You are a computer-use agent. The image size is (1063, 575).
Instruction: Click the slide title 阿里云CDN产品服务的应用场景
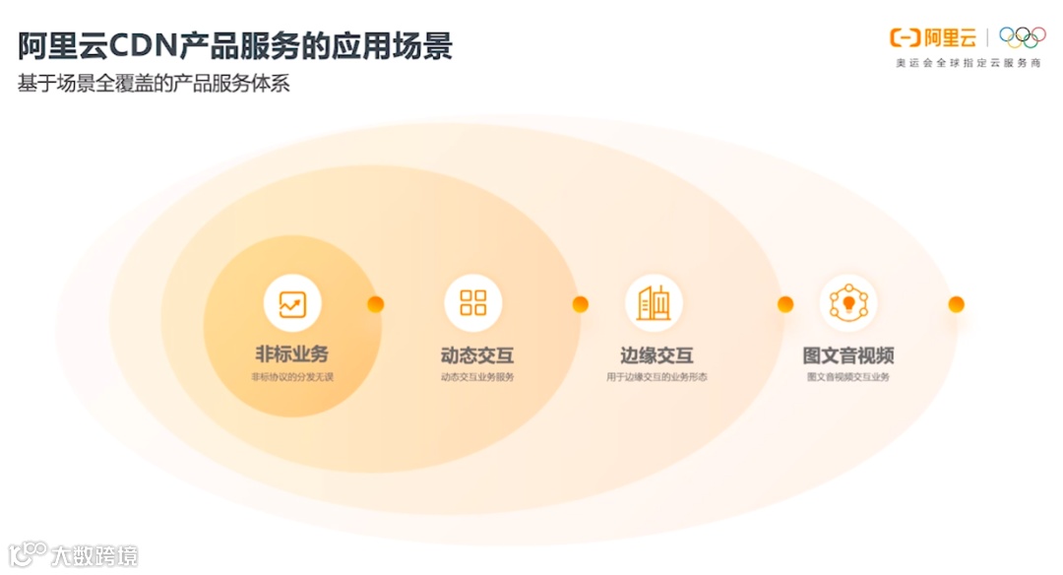[235, 46]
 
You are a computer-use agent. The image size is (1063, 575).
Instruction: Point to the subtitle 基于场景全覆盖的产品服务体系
[154, 84]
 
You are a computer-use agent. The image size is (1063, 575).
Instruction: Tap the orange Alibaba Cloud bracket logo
[905, 38]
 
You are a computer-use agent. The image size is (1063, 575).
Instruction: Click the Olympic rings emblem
[1023, 37]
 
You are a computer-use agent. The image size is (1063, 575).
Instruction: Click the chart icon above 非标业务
[292, 303]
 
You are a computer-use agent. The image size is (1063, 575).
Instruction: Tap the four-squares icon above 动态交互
[473, 303]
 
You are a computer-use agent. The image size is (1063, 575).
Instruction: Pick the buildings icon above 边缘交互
[654, 303]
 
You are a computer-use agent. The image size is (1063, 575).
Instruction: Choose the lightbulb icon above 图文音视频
[847, 303]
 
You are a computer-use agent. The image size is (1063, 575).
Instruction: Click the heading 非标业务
[292, 354]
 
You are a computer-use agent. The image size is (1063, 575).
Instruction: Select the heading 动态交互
[477, 355]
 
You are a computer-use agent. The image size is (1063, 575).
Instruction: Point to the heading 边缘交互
[657, 355]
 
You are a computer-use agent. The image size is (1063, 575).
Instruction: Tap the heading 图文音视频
[848, 355]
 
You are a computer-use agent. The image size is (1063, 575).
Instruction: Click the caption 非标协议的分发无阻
[292, 377]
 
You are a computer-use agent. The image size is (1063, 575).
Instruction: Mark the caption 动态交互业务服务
[477, 377]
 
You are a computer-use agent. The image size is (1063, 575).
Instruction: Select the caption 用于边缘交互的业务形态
[657, 377]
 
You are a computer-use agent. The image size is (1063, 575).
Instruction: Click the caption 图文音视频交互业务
[848, 377]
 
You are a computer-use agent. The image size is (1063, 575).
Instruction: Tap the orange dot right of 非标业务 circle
[375, 304]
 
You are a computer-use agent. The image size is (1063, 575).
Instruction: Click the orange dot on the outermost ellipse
[956, 304]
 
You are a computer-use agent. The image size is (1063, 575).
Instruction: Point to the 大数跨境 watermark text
[94, 555]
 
